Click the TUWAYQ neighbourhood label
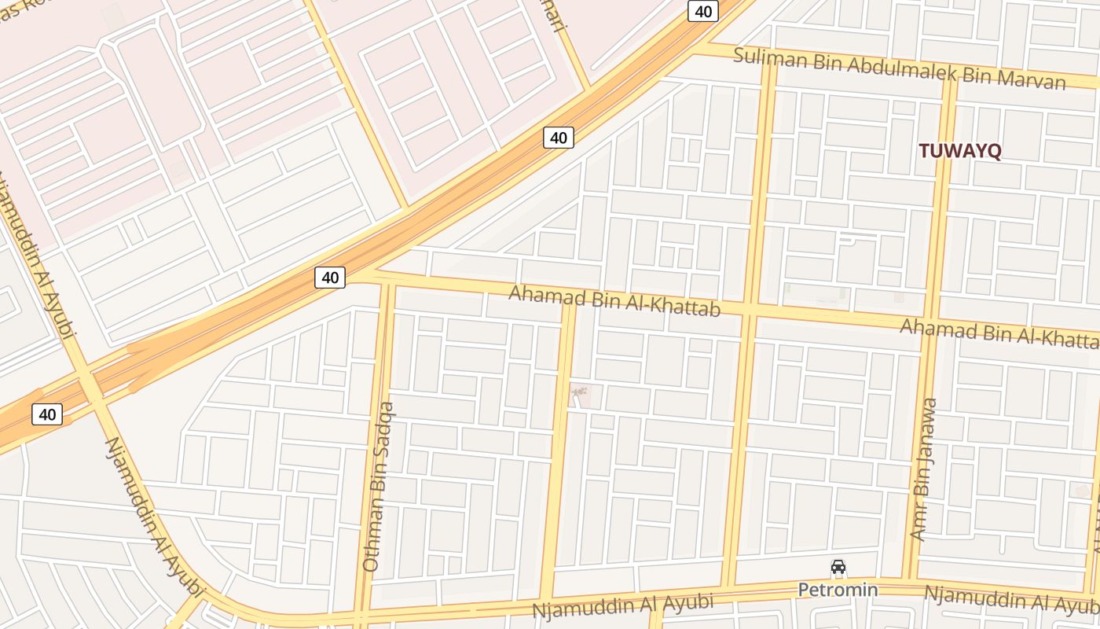click(x=959, y=152)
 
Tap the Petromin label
click(x=838, y=590)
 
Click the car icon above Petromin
click(x=838, y=567)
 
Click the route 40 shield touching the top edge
click(x=703, y=10)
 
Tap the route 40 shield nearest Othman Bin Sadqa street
click(x=330, y=277)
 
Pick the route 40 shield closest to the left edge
click(x=47, y=414)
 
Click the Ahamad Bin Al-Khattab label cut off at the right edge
click(x=999, y=333)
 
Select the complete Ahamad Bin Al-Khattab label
click(x=614, y=302)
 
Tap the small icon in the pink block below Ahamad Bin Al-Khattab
click(x=579, y=392)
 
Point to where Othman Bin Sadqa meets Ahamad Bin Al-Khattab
click(x=386, y=279)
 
